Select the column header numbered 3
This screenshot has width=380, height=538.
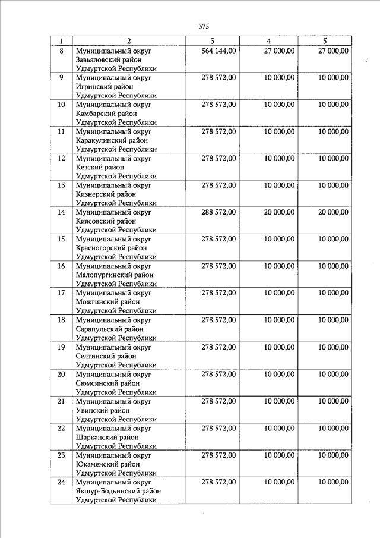pos(212,41)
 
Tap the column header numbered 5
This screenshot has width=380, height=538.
pos(325,41)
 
